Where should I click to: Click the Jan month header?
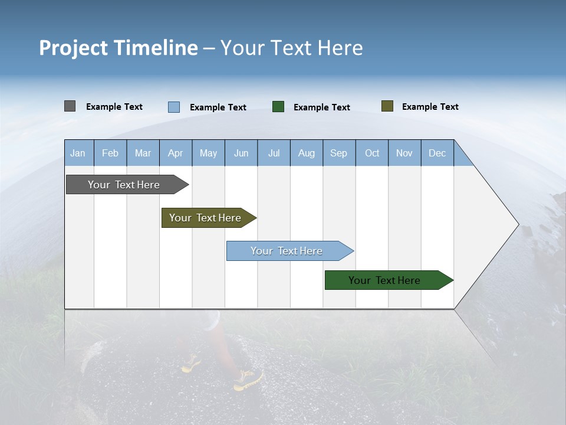pyautogui.click(x=78, y=153)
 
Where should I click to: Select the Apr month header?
pyautogui.click(x=175, y=153)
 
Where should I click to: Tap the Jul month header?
pyautogui.click(x=274, y=153)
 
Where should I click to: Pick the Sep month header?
pyautogui.click(x=338, y=153)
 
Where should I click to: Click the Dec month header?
pyautogui.click(x=437, y=153)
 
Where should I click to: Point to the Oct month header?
pyautogui.click(x=372, y=153)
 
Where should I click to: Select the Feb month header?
pyautogui.click(x=110, y=153)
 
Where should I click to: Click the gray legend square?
pyautogui.click(x=70, y=106)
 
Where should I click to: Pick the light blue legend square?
pyautogui.click(x=174, y=107)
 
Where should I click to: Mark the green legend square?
pyautogui.click(x=278, y=106)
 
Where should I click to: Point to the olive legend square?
pyautogui.click(x=387, y=106)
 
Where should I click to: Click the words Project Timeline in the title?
pyautogui.click(x=118, y=48)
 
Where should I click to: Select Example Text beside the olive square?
pyautogui.click(x=430, y=107)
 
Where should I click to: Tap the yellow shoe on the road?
pyautogui.click(x=248, y=380)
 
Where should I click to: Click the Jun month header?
pyautogui.click(x=241, y=153)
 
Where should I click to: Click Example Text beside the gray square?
pyautogui.click(x=114, y=107)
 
